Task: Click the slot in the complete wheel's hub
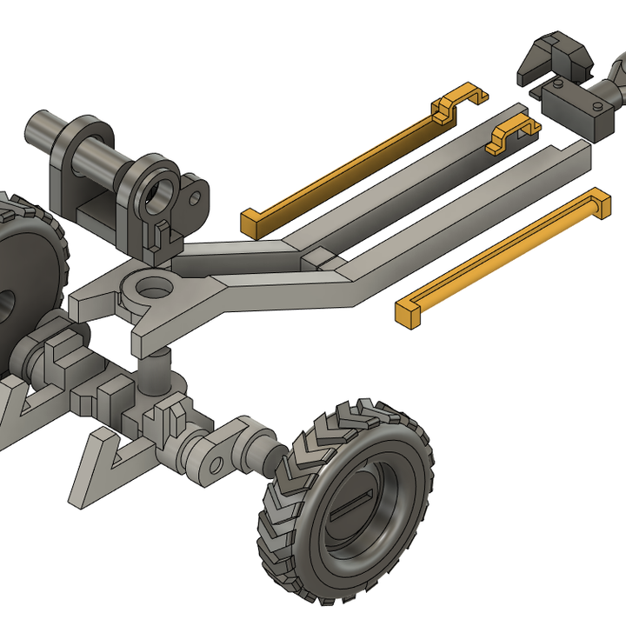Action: [x=351, y=506]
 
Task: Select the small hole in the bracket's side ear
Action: [x=195, y=199]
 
